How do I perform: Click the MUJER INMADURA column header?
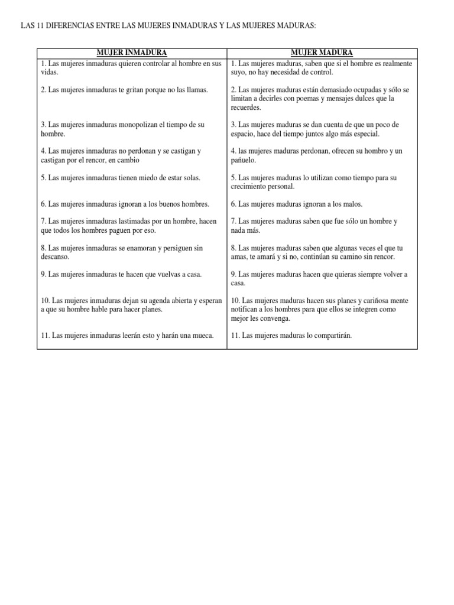pyautogui.click(x=132, y=53)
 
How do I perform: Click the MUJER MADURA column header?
pyautogui.click(x=322, y=53)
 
